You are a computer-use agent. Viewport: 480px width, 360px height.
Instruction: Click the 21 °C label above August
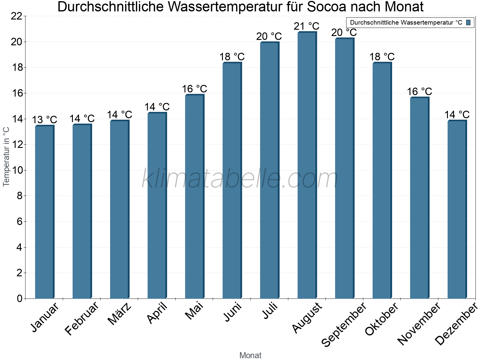(306, 26)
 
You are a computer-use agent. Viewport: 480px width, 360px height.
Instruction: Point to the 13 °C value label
(44, 120)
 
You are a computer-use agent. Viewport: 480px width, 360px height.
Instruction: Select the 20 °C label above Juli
(269, 37)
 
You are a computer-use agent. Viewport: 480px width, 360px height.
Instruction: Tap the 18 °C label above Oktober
(382, 57)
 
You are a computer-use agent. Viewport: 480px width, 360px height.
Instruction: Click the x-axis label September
(344, 324)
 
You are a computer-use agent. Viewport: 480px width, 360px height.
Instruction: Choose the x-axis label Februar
(82, 318)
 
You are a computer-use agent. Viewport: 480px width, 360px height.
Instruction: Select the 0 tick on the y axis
(19, 299)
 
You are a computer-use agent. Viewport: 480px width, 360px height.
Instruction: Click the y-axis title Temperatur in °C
(6, 156)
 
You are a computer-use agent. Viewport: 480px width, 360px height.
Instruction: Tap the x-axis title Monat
(250, 355)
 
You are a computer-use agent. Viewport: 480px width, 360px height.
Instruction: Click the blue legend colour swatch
(468, 22)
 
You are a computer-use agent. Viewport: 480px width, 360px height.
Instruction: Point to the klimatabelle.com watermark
(240, 179)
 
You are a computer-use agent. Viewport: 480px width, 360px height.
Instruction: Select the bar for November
(419, 198)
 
